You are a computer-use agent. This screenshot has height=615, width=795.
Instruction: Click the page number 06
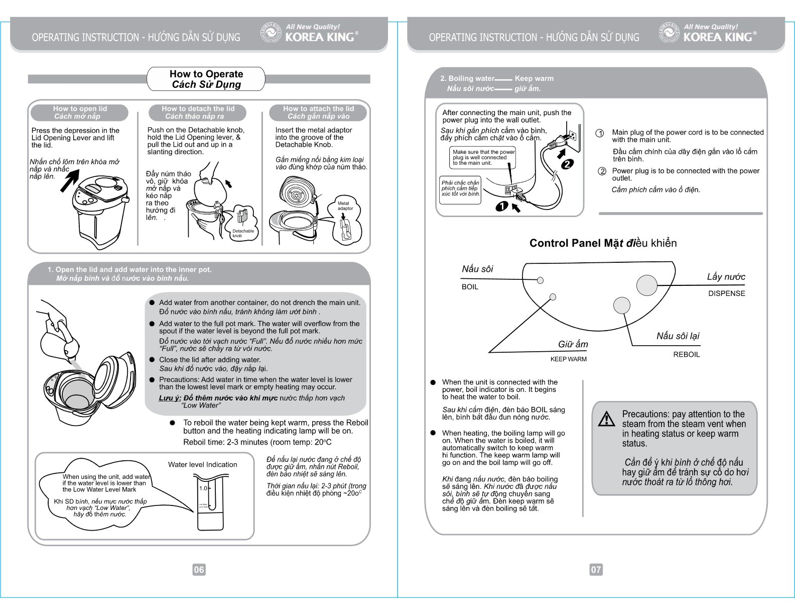pyautogui.click(x=199, y=569)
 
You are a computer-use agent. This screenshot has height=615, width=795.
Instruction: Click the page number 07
pyautogui.click(x=596, y=569)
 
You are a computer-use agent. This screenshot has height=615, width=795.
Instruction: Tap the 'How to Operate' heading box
pyautogui.click(x=206, y=79)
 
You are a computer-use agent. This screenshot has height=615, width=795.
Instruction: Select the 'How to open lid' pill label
pyautogui.click(x=80, y=112)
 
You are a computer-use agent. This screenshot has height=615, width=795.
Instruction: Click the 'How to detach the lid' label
pyautogui.click(x=198, y=112)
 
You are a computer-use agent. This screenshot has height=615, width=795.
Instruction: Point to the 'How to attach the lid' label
pyautogui.click(x=318, y=112)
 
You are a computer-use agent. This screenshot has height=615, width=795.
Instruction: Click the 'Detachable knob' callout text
pyautogui.click(x=243, y=233)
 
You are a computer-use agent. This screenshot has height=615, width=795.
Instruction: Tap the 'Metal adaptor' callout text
pyautogui.click(x=345, y=206)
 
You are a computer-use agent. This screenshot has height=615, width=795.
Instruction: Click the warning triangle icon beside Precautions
pyautogui.click(x=607, y=419)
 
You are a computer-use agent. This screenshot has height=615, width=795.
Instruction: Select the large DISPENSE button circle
pyautogui.click(x=646, y=285)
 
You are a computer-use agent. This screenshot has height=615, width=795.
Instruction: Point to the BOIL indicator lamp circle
pyautogui.click(x=541, y=280)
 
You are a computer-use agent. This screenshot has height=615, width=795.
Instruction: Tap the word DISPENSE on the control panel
pyautogui.click(x=726, y=293)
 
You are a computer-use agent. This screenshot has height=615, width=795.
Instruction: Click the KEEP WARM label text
pyautogui.click(x=568, y=359)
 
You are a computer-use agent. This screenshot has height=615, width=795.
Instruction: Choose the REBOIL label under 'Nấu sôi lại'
pyautogui.click(x=686, y=354)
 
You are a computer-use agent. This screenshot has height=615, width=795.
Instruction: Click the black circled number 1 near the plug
pyautogui.click(x=501, y=205)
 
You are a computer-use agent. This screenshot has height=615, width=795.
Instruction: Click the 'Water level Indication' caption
pyautogui.click(x=202, y=465)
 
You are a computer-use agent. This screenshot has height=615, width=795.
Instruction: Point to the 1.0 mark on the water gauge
pyautogui.click(x=203, y=488)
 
